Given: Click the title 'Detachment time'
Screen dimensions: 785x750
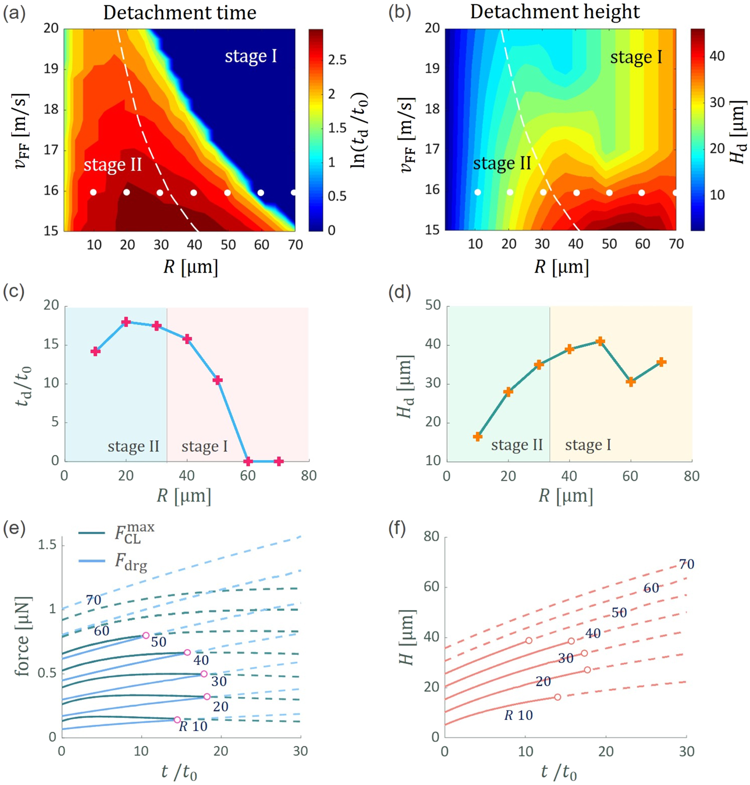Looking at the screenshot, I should (180, 13).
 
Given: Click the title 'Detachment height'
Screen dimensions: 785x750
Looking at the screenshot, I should (555, 12).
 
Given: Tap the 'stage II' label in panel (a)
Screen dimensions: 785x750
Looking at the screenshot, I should (112, 165).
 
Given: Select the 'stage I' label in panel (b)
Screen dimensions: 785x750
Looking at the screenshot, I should (636, 57).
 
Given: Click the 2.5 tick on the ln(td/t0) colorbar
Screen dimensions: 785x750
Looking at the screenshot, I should (337, 60).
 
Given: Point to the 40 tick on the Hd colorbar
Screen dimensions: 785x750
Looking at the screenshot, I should (717, 56).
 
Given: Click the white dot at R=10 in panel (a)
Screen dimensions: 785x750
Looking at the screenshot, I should (93, 192).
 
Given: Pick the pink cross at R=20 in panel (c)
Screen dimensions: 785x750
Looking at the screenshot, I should (126, 322).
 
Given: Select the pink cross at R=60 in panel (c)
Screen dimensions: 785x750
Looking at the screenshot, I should (248, 461).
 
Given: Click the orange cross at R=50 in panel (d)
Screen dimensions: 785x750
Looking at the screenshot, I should (600, 341).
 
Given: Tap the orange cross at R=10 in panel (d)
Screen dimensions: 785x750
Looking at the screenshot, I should (478, 437).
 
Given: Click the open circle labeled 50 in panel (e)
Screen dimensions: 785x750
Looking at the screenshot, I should (145, 635).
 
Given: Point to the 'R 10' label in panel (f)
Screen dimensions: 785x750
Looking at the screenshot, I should (518, 715).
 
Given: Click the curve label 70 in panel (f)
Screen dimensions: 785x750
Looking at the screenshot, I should (687, 564).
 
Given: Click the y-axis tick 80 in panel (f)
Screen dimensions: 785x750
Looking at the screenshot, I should (431, 537).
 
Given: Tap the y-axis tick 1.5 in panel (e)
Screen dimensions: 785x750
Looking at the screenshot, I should (47, 545).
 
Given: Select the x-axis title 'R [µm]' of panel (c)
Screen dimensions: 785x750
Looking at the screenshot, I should (184, 496).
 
